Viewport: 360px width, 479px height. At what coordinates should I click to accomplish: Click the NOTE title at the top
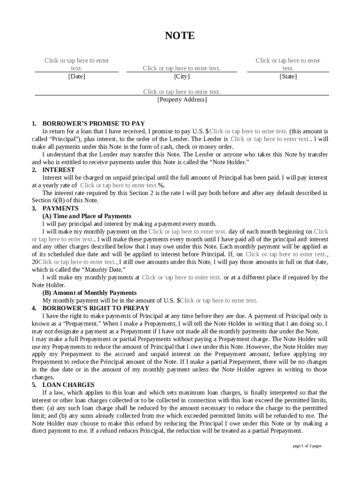click(x=180, y=36)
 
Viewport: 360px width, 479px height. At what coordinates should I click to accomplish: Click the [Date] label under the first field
click(x=77, y=76)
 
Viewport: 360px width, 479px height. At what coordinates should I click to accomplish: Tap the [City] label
click(x=182, y=76)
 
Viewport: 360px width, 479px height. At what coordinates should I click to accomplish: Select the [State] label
click(x=288, y=76)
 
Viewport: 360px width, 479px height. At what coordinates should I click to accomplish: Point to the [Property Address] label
click(x=182, y=100)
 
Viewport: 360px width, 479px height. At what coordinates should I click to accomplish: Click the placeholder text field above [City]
click(x=181, y=68)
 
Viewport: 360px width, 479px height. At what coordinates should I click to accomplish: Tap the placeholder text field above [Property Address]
click(x=182, y=92)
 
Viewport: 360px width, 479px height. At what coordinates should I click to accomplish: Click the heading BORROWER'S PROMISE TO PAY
click(x=94, y=123)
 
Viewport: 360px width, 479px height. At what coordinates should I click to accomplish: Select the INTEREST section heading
click(x=58, y=170)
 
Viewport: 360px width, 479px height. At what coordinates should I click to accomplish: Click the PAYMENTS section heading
click(x=60, y=208)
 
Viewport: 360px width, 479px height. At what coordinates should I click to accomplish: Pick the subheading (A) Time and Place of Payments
click(x=87, y=216)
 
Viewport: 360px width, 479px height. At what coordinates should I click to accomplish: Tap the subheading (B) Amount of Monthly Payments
click(x=89, y=293)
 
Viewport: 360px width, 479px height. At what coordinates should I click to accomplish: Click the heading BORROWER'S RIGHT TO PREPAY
click(x=96, y=308)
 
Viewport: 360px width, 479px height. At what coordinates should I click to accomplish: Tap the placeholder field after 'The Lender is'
click(x=270, y=139)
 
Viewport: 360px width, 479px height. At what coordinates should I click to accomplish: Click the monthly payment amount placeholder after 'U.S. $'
click(x=219, y=300)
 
